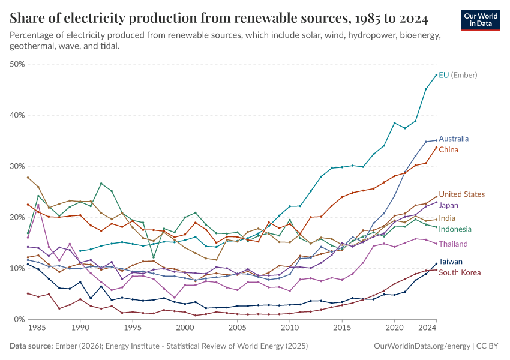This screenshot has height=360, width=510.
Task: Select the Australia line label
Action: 454,139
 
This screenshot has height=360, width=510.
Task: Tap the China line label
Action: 449,149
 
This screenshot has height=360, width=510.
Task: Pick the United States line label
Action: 461,194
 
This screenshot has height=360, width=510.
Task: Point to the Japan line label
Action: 449,205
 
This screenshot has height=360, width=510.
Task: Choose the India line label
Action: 448,218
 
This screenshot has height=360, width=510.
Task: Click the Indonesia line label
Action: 455,229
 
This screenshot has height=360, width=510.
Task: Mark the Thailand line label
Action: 453,244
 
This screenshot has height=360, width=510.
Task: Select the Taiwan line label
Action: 451,262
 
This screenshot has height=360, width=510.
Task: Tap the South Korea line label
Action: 459,272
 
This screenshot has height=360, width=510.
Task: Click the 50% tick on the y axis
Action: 17,64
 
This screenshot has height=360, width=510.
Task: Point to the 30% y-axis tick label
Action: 17,166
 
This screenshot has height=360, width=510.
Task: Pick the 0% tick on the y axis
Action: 20,320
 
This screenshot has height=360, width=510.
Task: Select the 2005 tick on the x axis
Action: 238,329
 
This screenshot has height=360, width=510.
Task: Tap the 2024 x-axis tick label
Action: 427,329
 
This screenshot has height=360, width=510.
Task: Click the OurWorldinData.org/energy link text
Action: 422,346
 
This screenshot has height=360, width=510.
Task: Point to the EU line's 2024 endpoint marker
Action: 436,75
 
